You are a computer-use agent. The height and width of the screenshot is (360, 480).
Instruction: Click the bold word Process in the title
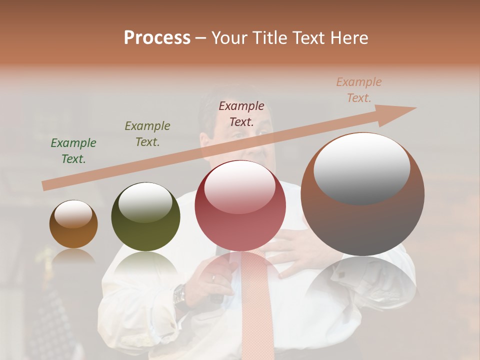[x=157, y=38]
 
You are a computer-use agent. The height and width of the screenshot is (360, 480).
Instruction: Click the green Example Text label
[x=73, y=151]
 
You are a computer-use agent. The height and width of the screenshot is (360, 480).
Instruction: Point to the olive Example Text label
[x=147, y=134]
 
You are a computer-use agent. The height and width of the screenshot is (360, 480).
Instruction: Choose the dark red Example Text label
[x=241, y=114]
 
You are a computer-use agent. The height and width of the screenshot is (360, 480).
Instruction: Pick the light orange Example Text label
[x=359, y=90]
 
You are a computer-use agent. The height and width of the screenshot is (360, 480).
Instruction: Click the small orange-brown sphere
[x=73, y=225]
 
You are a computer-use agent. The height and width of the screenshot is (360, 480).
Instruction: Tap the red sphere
[x=240, y=206]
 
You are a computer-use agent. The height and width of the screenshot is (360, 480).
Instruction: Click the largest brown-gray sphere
[x=362, y=195]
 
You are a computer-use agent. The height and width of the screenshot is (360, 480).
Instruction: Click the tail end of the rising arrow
[x=46, y=186]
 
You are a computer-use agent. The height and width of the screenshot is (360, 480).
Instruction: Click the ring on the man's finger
[x=214, y=276]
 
